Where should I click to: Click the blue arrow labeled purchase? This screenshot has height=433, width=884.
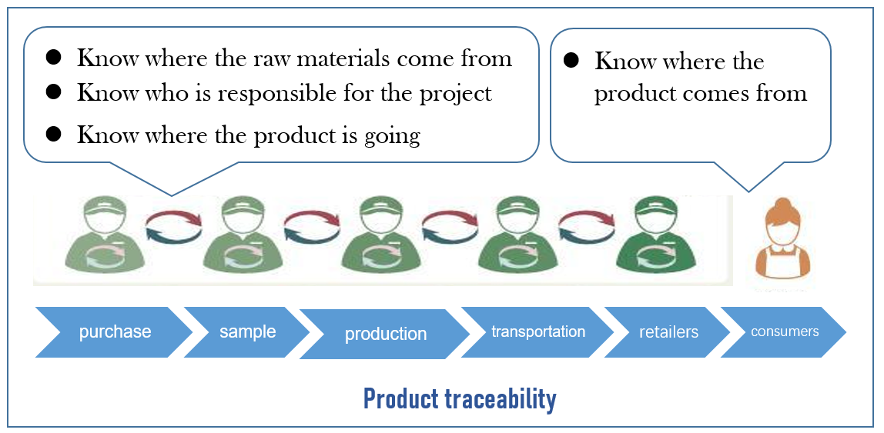click(x=114, y=332)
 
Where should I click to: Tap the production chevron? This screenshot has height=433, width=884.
click(x=385, y=334)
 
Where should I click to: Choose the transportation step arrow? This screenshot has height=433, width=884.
click(x=538, y=331)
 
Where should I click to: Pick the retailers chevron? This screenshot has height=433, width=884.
click(x=668, y=332)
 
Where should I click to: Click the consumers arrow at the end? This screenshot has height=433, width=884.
click(x=784, y=331)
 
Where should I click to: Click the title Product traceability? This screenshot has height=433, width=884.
click(x=459, y=399)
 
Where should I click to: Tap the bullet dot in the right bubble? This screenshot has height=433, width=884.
click(x=571, y=61)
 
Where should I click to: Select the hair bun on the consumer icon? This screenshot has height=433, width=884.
click(x=783, y=204)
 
